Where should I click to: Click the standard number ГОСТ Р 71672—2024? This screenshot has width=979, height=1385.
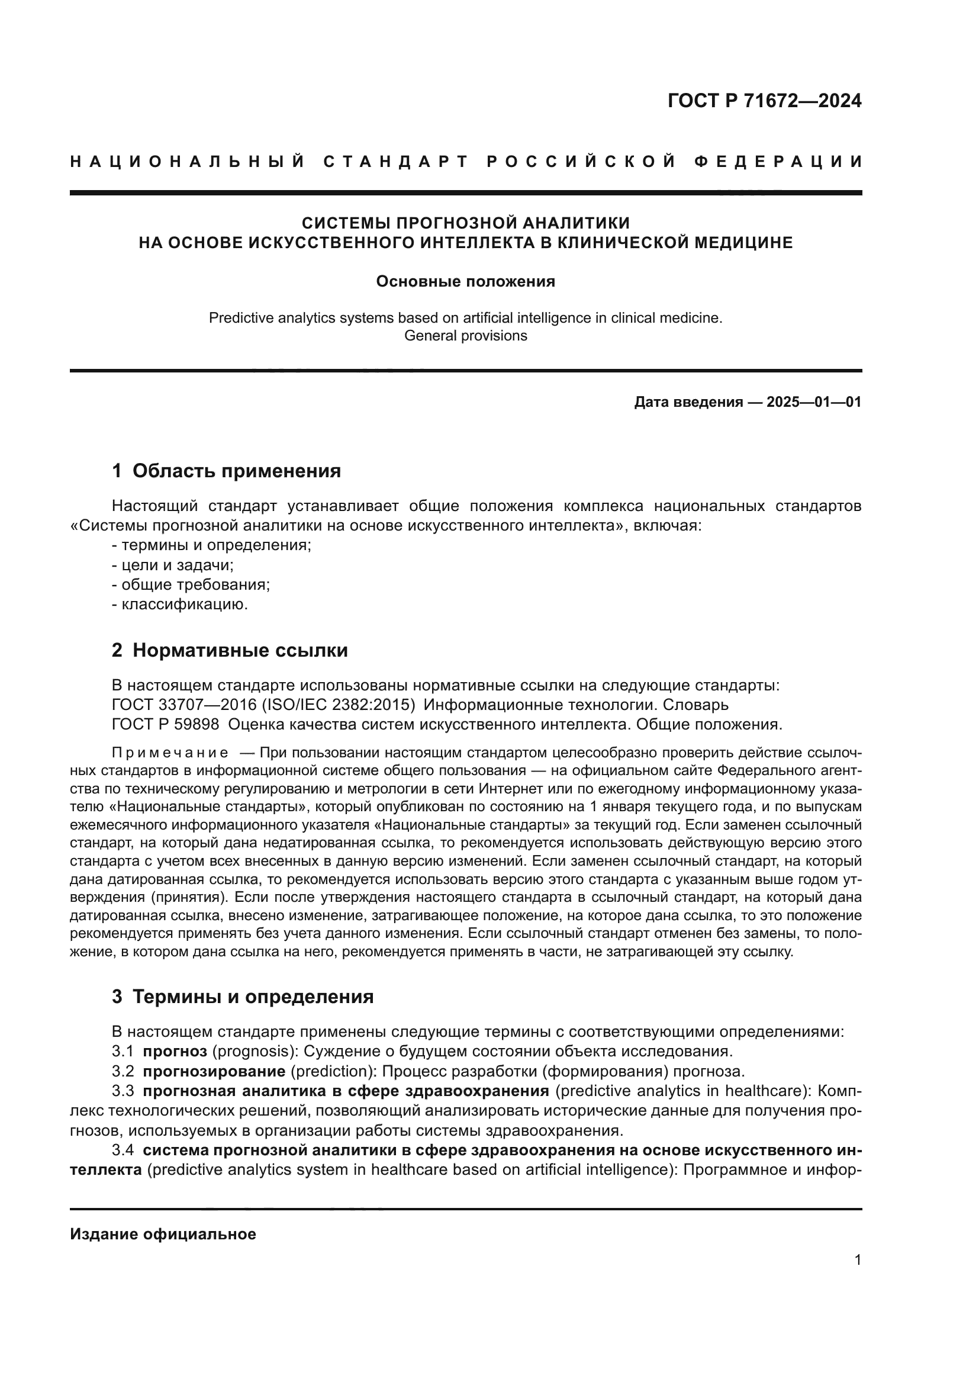pyautogui.click(x=764, y=101)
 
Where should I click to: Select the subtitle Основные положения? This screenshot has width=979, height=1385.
pyautogui.click(x=465, y=282)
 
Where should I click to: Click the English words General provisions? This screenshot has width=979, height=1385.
pyautogui.click(x=465, y=336)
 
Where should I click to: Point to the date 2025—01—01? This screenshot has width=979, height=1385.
pyautogui.click(x=814, y=402)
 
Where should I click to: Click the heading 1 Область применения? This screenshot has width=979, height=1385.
pyautogui.click(x=227, y=471)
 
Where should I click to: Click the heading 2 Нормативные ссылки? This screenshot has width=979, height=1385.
pyautogui.click(x=230, y=650)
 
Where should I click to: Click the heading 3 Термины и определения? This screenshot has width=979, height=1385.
pyautogui.click(x=242, y=997)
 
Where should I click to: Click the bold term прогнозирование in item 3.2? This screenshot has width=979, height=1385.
pyautogui.click(x=214, y=1071)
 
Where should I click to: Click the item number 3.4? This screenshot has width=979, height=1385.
pyautogui.click(x=123, y=1151)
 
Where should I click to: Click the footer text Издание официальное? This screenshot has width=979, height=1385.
pyautogui.click(x=163, y=1234)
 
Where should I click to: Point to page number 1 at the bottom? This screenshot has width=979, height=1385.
pyautogui.click(x=858, y=1260)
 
